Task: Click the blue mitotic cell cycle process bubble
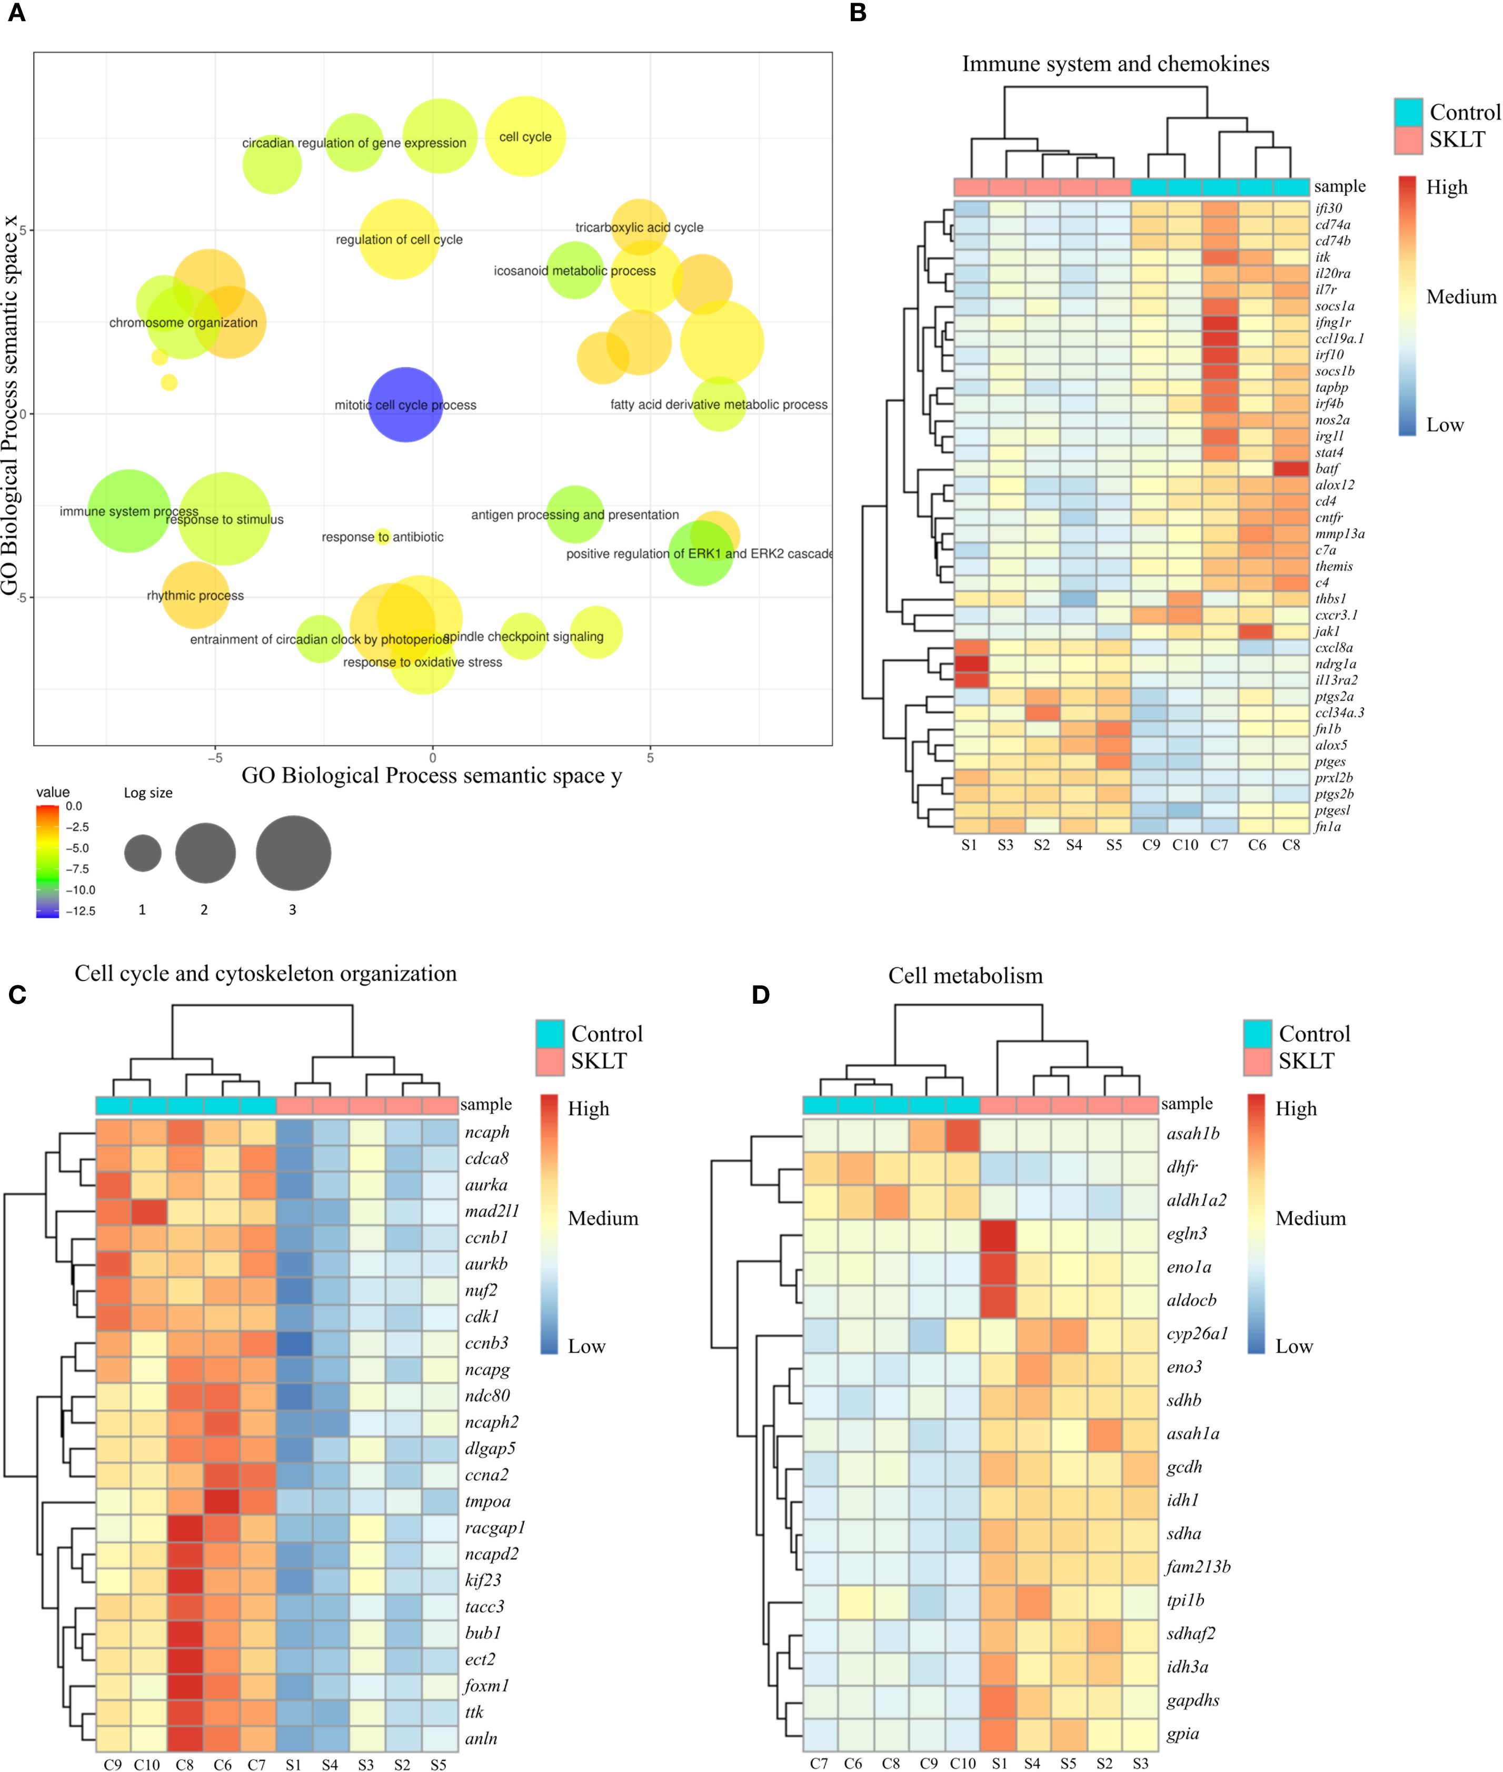405,405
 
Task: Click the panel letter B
858,14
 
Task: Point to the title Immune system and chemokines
1116,64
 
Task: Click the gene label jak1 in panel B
1328,631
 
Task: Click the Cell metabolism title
965,976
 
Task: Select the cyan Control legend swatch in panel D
1257,1034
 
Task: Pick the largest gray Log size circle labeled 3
293,853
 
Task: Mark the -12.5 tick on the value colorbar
83,911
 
